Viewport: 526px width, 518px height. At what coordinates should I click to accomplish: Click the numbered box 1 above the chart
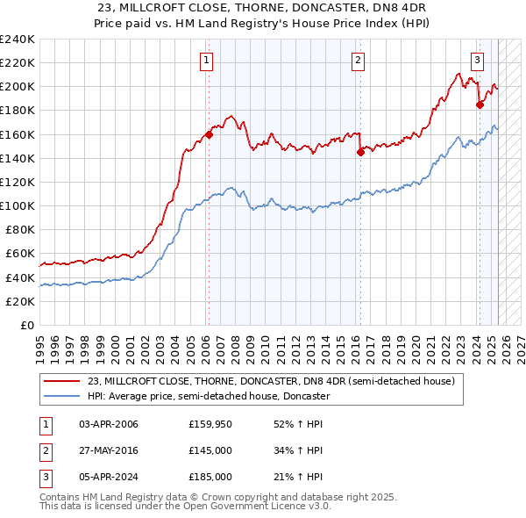[206, 61]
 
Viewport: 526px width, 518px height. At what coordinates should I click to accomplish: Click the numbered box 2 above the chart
[359, 61]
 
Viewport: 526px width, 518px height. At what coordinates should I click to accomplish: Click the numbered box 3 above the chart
[477, 61]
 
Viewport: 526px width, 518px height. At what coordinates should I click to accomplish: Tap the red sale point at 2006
[209, 134]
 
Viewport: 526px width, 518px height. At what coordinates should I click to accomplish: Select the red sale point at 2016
[360, 152]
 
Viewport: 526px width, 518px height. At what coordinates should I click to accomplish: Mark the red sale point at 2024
[480, 104]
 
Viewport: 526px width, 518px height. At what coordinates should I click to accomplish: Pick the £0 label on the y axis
[26, 325]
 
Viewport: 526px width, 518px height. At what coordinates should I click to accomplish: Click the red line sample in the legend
[62, 382]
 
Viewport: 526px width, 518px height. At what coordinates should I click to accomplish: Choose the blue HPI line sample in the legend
[62, 396]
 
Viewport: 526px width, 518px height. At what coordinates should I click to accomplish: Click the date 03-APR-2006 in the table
[109, 425]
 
